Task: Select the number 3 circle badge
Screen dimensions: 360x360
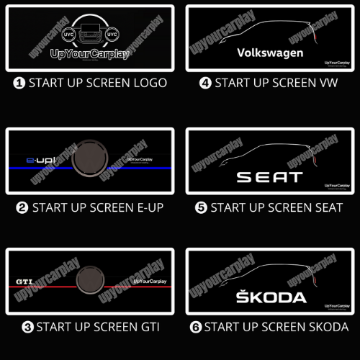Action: (27, 328)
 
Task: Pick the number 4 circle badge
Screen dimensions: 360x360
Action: (205, 83)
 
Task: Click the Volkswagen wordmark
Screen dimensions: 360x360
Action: (270, 53)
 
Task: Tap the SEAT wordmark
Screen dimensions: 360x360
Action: (270, 177)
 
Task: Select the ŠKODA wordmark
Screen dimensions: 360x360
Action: (271, 297)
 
